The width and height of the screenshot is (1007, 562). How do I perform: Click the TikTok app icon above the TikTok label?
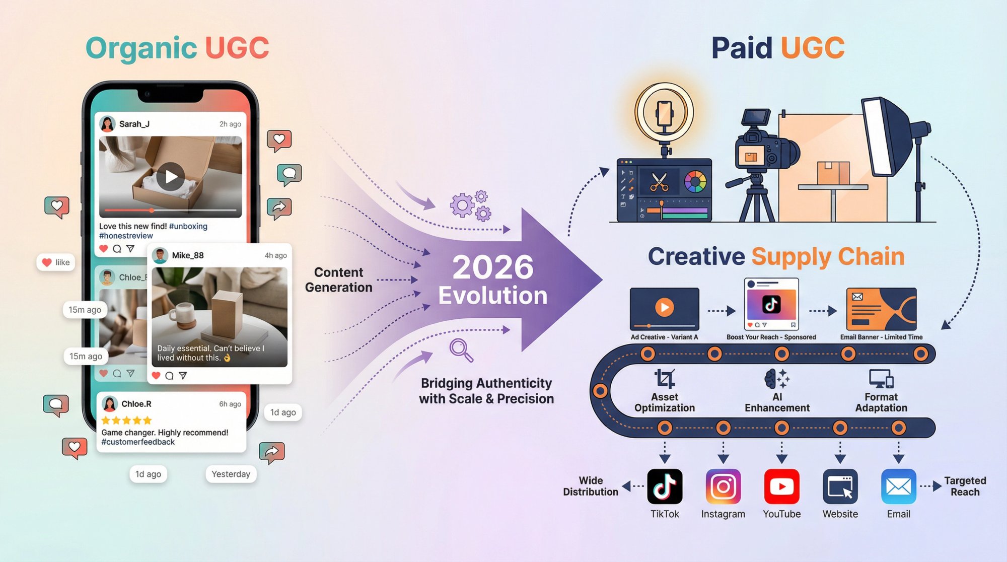click(665, 486)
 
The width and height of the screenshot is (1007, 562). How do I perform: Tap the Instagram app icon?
click(723, 486)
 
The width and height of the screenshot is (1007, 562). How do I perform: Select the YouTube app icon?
click(781, 486)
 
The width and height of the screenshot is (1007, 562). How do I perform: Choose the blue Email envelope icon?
click(898, 486)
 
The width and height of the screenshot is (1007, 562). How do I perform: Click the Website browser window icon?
click(840, 486)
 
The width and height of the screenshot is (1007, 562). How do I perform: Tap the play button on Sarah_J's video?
click(170, 177)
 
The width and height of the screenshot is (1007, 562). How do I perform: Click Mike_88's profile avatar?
click(160, 255)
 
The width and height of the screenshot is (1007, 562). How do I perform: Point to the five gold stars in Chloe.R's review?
click(126, 420)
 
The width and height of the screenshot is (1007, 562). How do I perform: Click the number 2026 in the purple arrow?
click(492, 267)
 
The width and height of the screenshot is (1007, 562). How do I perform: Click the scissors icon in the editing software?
click(659, 182)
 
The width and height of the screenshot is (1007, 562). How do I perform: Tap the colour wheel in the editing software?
click(695, 181)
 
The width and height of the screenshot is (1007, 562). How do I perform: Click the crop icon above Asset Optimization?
click(665, 379)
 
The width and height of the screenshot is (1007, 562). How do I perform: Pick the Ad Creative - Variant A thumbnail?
click(664, 308)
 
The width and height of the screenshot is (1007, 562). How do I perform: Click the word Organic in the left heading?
click(141, 48)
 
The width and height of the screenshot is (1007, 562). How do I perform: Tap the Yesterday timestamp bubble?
click(231, 474)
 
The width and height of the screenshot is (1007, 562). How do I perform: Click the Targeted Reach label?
click(965, 486)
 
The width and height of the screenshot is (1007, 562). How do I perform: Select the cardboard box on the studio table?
click(833, 173)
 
